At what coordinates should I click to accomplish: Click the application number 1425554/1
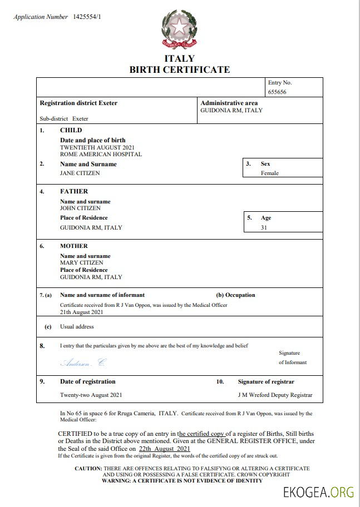point(87,17)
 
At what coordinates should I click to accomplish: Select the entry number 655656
point(277,92)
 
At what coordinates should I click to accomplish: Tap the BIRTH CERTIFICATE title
point(179,69)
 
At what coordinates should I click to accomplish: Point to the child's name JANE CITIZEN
point(80,173)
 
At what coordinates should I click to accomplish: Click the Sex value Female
point(270,173)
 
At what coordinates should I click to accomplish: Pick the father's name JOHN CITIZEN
point(80,208)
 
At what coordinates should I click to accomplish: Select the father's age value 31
point(264,227)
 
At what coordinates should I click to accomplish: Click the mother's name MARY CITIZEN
point(81,263)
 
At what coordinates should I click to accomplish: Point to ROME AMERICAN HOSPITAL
point(101,154)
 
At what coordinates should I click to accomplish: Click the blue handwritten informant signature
point(82,362)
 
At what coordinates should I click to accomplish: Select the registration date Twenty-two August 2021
point(91,395)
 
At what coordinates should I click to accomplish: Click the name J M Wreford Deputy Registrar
point(275,395)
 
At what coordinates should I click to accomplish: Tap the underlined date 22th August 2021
point(165,448)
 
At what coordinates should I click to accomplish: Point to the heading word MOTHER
point(73,246)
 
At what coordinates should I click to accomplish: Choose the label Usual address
point(77,327)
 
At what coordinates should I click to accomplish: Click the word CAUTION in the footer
point(88,469)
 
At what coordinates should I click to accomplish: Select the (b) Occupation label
point(235,295)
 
